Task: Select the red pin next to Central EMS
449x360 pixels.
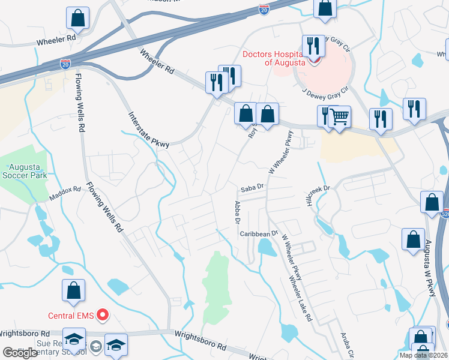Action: [103, 314]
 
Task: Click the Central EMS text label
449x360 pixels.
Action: [72, 314]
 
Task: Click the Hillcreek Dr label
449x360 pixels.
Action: [319, 188]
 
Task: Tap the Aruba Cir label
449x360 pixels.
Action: [348, 344]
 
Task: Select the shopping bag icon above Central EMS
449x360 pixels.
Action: [73, 290]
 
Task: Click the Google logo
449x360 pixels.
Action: [20, 353]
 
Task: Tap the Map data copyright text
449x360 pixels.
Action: [424, 355]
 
